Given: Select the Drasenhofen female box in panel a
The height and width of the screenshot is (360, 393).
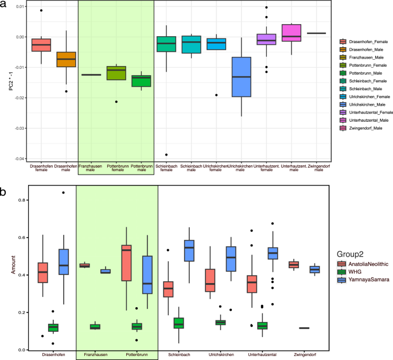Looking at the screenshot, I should (x=41, y=45).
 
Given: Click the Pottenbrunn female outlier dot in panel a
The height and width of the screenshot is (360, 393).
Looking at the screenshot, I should (x=116, y=102).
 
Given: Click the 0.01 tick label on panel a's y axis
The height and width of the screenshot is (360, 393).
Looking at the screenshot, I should (x=20, y=6).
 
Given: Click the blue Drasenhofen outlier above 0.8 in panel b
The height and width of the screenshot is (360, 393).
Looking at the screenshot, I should (x=63, y=192).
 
